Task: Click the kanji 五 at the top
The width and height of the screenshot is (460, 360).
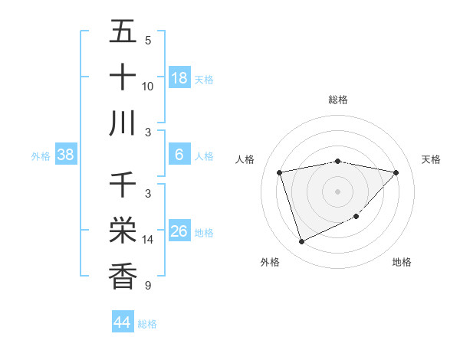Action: (x=123, y=33)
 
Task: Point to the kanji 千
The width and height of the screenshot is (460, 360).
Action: (x=123, y=185)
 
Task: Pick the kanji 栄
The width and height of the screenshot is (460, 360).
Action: (x=123, y=231)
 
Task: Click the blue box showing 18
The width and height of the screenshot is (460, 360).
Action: (x=179, y=77)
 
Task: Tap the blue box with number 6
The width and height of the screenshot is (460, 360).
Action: (x=179, y=155)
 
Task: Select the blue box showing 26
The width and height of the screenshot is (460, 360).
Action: (x=179, y=231)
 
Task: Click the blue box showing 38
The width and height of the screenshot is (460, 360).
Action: (x=66, y=155)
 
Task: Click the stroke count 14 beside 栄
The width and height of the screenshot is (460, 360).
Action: (x=148, y=240)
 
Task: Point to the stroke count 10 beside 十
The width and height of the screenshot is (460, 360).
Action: (x=148, y=87)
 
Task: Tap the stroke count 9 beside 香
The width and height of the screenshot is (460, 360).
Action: (x=147, y=286)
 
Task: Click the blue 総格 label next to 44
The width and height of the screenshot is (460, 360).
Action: (x=147, y=324)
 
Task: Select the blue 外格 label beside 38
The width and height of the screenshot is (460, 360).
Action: (x=41, y=156)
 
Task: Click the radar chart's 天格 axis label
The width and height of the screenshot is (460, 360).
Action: (x=432, y=159)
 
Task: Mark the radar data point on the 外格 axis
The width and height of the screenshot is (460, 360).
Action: (x=301, y=242)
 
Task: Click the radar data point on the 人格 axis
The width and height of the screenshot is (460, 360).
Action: (x=280, y=172)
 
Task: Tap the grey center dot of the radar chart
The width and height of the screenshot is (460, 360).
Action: (x=337, y=191)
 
